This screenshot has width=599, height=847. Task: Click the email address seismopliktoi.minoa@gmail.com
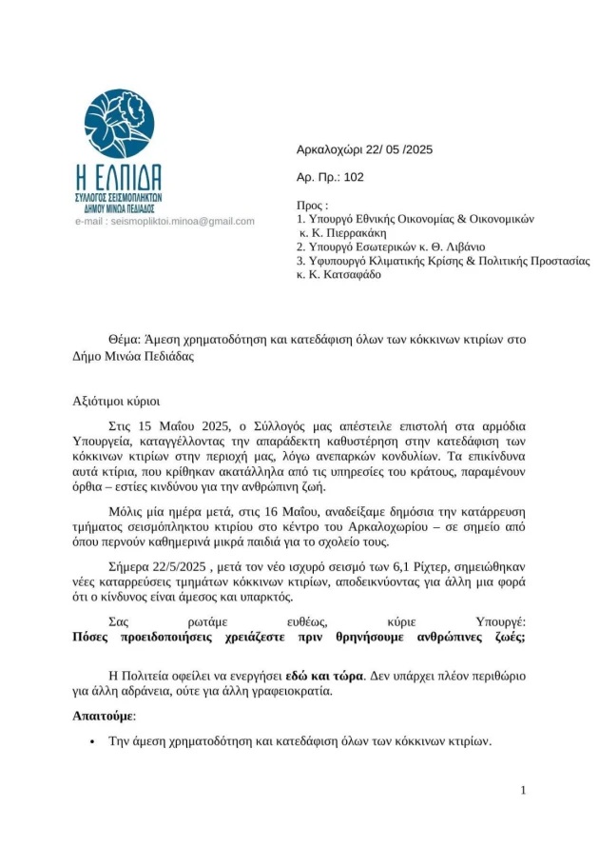(183, 221)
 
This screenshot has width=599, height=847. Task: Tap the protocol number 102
(354, 177)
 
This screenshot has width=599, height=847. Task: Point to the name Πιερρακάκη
(359, 231)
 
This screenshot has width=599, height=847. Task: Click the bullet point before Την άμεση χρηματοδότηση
(91, 741)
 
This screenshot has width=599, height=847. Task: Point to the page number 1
(523, 791)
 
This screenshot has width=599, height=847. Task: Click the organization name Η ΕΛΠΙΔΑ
(118, 176)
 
